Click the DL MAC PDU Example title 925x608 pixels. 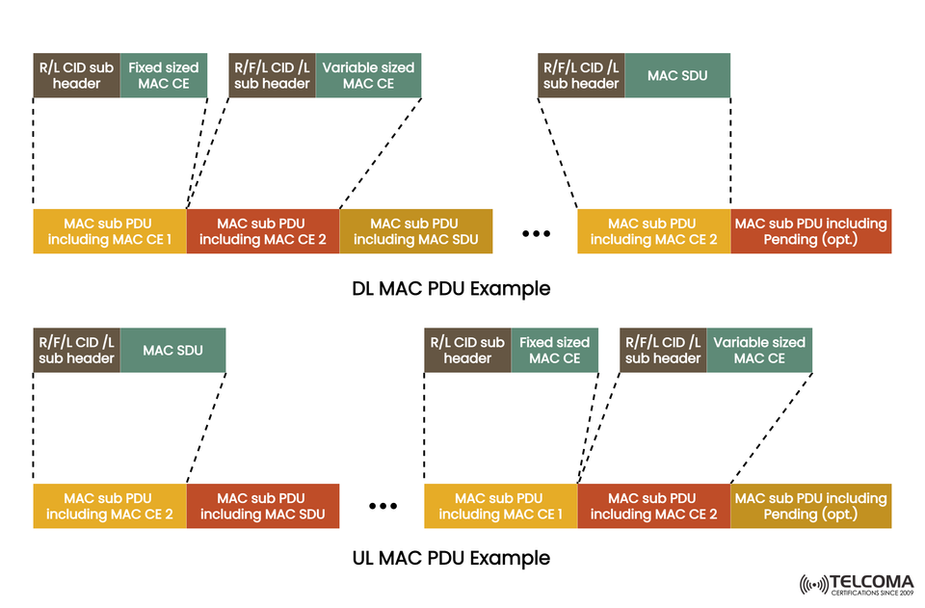click(x=451, y=288)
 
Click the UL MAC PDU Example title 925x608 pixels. click(x=451, y=558)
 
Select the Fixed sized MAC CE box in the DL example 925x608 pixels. click(x=163, y=75)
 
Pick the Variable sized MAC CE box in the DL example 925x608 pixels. click(x=368, y=75)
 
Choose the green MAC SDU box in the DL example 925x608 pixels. click(x=677, y=75)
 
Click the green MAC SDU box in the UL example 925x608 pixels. click(x=172, y=350)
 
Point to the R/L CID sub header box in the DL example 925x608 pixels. click(x=76, y=75)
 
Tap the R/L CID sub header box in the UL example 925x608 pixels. click(x=467, y=350)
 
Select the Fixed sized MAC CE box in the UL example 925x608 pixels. click(x=554, y=350)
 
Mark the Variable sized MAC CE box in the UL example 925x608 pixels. click(x=759, y=350)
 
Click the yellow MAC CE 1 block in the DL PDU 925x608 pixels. click(x=109, y=231)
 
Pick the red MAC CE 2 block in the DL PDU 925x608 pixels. click(x=262, y=231)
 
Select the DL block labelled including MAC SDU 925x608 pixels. click(x=415, y=231)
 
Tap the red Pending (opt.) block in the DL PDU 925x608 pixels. click(x=810, y=231)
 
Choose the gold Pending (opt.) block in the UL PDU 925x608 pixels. click(x=810, y=506)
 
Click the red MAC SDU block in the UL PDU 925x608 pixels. click(x=262, y=506)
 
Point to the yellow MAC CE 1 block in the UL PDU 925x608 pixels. click(x=500, y=506)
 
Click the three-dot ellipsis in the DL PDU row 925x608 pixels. click(x=535, y=234)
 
